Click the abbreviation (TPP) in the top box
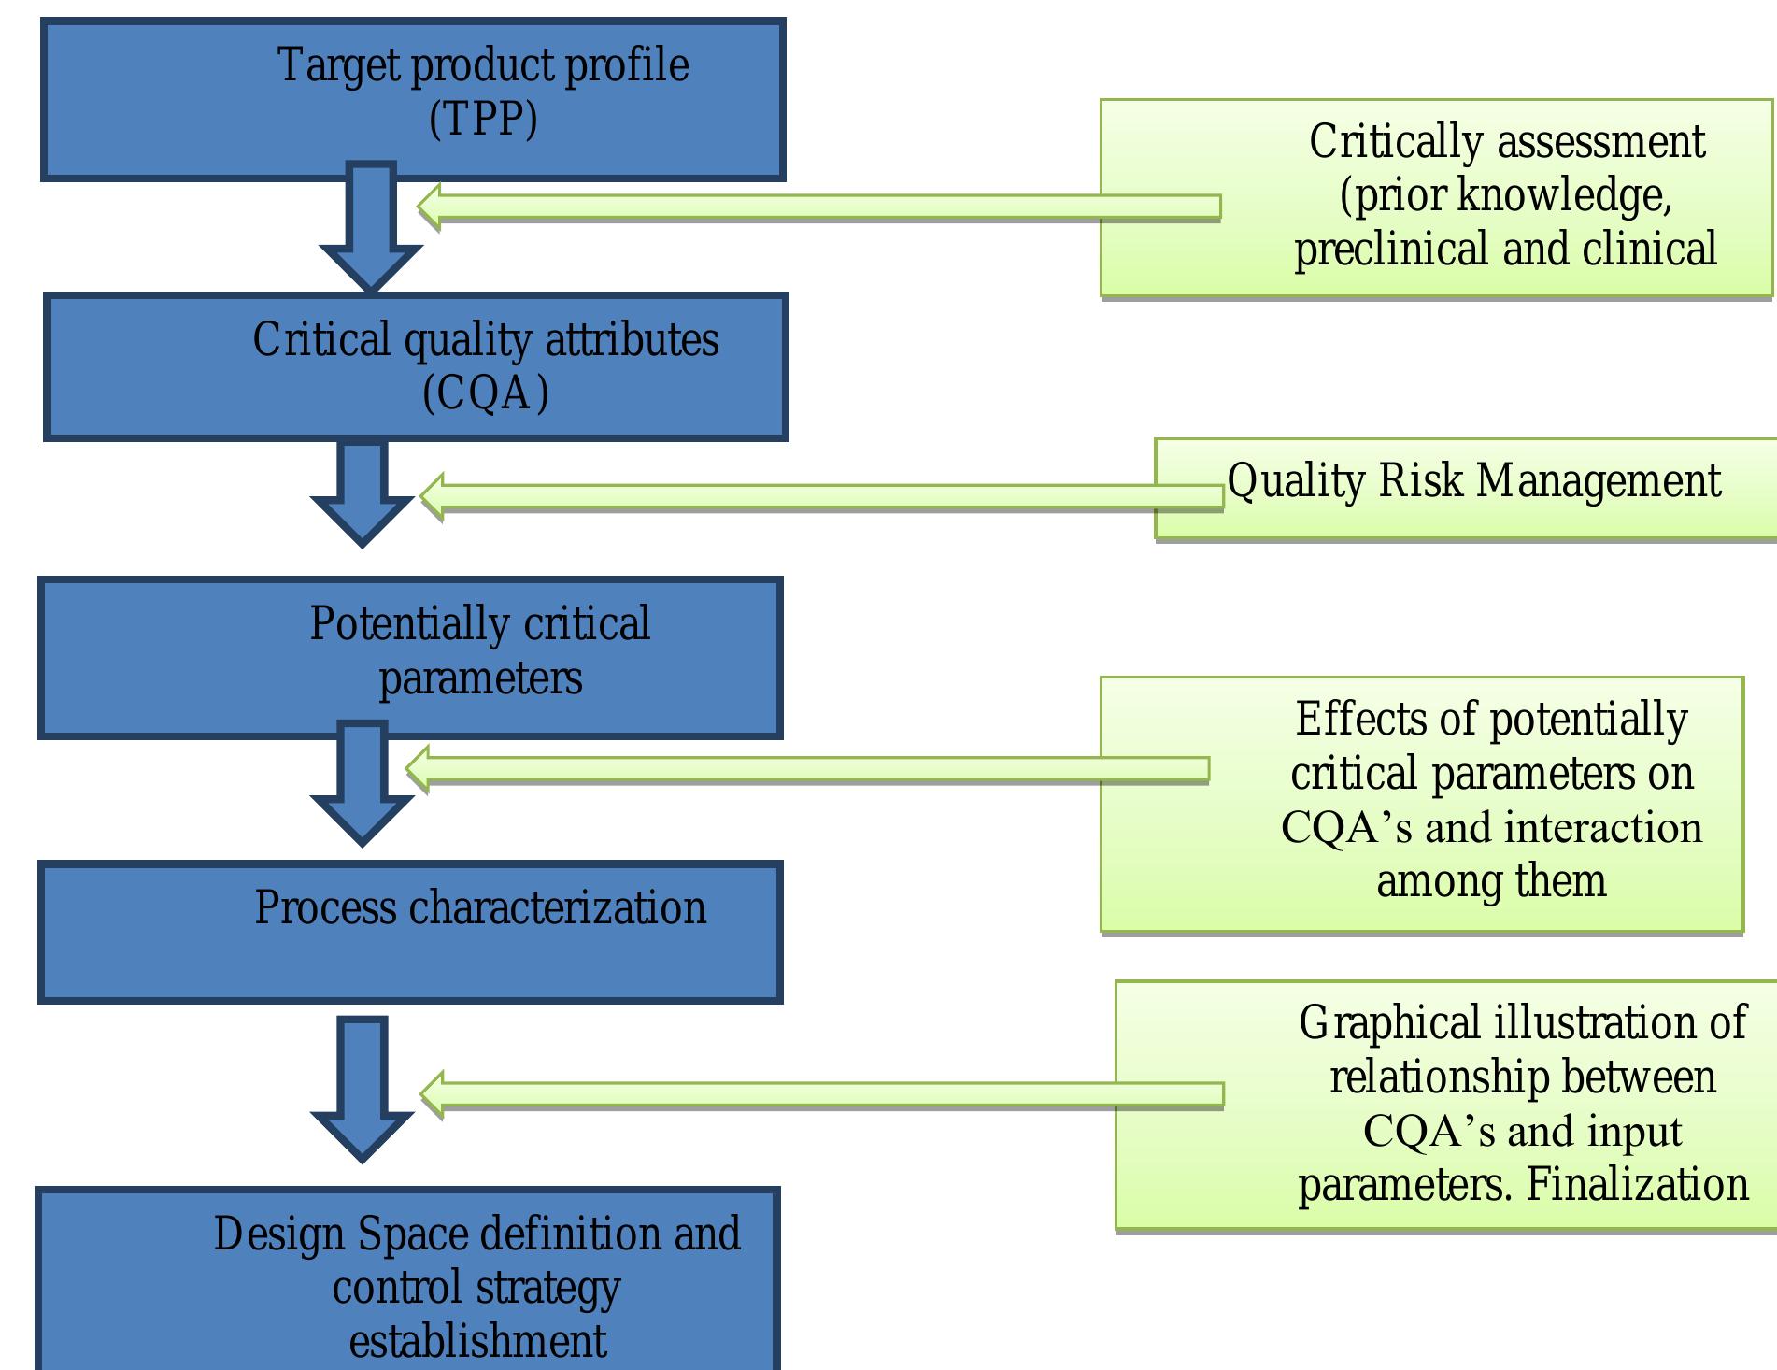pyautogui.click(x=483, y=119)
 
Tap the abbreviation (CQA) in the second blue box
pyautogui.click(x=485, y=392)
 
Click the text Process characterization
pyautogui.click(x=480, y=908)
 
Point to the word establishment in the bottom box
pyautogui.click(x=477, y=1342)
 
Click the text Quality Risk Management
pyautogui.click(x=1473, y=481)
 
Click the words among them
pyautogui.click(x=1491, y=881)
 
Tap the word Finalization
pyautogui.click(x=1637, y=1185)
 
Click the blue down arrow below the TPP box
pyautogui.click(x=371, y=229)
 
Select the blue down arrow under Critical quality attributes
pyautogui.click(x=362, y=491)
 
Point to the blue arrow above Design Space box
pyautogui.click(x=362, y=1089)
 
